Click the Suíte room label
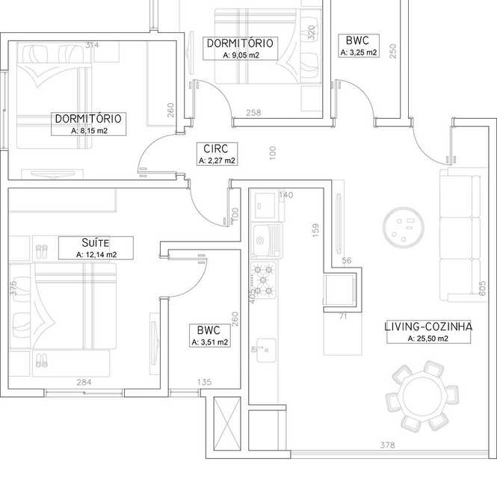pyautogui.click(x=96, y=243)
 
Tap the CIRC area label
pyautogui.click(x=216, y=149)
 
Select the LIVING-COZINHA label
pyautogui.click(x=428, y=327)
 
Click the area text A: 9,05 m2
pyautogui.click(x=241, y=55)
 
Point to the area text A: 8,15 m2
pyautogui.click(x=90, y=131)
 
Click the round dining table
pyautogui.click(x=422, y=396)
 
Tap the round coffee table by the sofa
pyautogui.click(x=403, y=227)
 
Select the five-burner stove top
pyautogui.click(x=263, y=280)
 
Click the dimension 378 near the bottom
pyautogui.click(x=387, y=445)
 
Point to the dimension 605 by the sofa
pyautogui.click(x=482, y=288)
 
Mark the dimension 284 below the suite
pyautogui.click(x=84, y=382)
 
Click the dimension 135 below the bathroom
pyautogui.click(x=205, y=382)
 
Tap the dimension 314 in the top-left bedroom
pyautogui.click(x=92, y=45)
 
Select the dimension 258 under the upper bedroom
pyautogui.click(x=253, y=113)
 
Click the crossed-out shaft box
pyautogui.click(x=227, y=423)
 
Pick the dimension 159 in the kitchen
pyautogui.click(x=315, y=230)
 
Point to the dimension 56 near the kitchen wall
pyautogui.click(x=347, y=261)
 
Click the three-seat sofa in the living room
pyautogui.click(x=463, y=235)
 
